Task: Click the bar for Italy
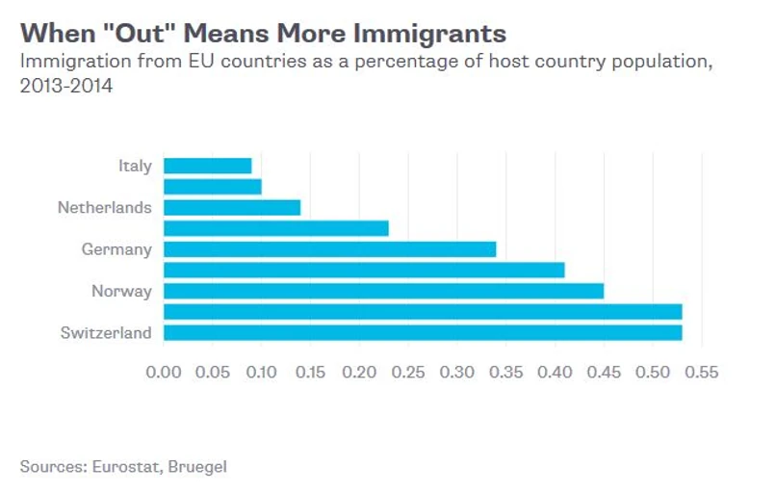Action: pos(207,166)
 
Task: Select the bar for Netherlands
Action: pos(232,207)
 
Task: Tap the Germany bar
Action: pos(329,249)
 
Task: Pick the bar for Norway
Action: pos(383,291)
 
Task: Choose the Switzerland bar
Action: pos(423,333)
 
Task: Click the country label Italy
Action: pos(135,166)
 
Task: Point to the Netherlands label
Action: pos(105,207)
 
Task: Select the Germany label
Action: pos(116,249)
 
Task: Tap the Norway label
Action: pos(121,291)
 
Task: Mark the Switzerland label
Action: pos(106,333)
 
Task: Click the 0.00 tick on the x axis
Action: pos(164,372)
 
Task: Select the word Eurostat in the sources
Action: pos(127,466)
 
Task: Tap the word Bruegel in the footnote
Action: pos(198,466)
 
